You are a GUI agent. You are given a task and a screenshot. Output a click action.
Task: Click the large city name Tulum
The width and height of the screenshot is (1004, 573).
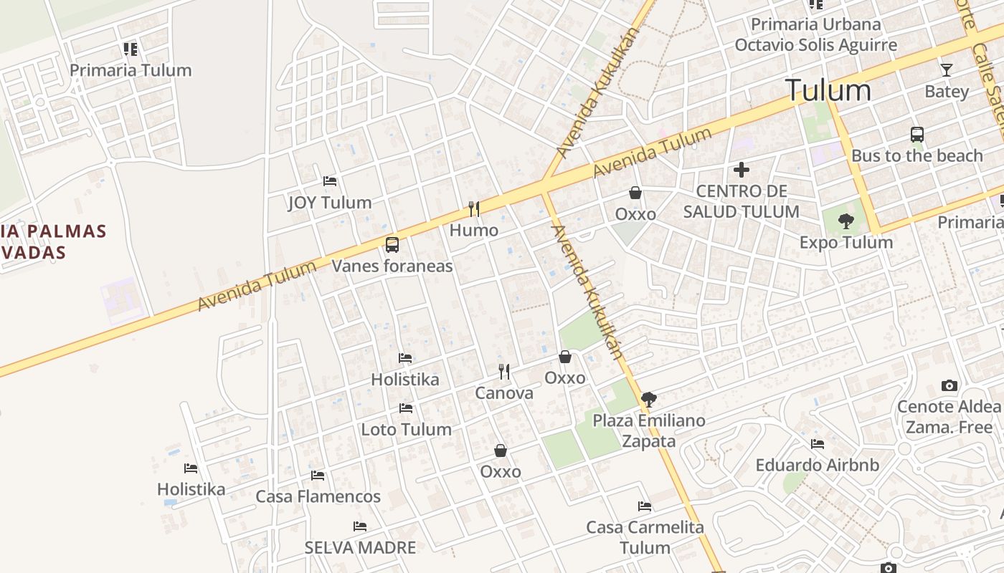[x=828, y=90]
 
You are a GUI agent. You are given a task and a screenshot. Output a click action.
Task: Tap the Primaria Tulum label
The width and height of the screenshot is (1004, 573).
[x=131, y=70]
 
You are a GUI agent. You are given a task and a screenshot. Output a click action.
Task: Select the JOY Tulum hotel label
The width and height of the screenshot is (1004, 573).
[x=330, y=203]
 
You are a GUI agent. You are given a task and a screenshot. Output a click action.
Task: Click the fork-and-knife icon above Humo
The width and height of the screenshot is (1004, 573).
[x=473, y=208]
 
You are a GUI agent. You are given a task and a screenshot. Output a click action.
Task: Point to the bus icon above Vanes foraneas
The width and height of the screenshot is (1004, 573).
[x=392, y=245]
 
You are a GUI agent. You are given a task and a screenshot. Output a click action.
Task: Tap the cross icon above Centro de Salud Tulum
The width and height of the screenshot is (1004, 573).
[x=742, y=170]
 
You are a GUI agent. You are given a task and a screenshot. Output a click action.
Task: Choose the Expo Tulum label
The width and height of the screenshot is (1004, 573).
[x=846, y=242]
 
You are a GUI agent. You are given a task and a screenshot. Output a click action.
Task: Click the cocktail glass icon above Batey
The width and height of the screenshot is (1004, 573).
[x=947, y=70]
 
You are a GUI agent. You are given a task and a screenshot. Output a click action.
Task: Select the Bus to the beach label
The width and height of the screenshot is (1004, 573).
[x=917, y=155]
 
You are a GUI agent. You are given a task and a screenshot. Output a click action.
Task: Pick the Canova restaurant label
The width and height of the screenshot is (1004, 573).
[x=504, y=393]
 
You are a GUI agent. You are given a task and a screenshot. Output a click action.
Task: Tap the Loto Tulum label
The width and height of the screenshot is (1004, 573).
[x=406, y=430]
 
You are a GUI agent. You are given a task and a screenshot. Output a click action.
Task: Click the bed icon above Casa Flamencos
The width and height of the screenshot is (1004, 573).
[x=318, y=475]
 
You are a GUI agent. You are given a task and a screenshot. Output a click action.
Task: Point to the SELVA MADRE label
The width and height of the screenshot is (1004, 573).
[x=360, y=548]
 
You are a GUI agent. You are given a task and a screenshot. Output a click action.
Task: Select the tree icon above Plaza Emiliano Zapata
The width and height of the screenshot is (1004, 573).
[x=648, y=399]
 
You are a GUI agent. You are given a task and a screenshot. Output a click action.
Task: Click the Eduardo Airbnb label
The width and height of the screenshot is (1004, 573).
[x=817, y=465]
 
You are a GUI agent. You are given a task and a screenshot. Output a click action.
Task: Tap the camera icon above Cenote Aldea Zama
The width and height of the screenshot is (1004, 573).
[x=949, y=385]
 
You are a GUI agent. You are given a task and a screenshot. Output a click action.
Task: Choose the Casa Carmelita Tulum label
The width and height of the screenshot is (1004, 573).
[x=645, y=537]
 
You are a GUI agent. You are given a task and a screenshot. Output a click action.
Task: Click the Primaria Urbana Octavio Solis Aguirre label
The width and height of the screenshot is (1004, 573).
[x=815, y=34]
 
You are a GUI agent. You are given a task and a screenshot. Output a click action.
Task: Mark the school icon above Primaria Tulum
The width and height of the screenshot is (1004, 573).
[x=131, y=49]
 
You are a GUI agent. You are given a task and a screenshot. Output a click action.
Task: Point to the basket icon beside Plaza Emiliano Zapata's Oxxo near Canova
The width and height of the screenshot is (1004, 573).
[x=565, y=357]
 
